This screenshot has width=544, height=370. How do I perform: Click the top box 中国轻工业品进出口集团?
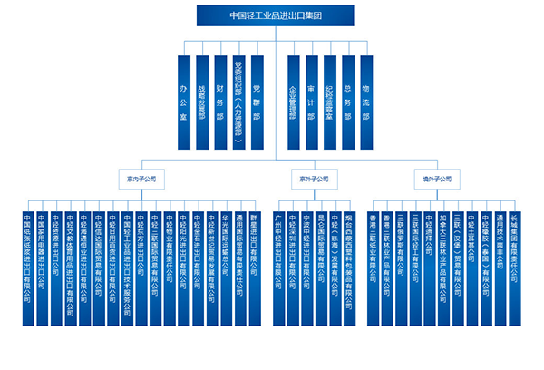(272, 15)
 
